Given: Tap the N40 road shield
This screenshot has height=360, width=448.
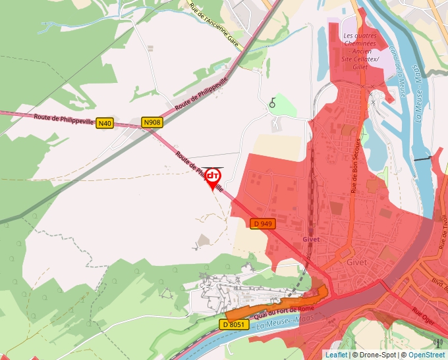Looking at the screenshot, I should (x=104, y=123).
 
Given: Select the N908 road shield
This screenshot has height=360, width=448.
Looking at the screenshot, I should (x=152, y=122).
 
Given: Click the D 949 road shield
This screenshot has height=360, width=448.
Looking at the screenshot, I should (x=263, y=224).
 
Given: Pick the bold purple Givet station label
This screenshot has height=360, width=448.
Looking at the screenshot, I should (x=310, y=240).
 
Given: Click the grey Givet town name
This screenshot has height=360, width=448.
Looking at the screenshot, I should (x=356, y=261).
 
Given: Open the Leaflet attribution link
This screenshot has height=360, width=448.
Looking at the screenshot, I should (x=336, y=355).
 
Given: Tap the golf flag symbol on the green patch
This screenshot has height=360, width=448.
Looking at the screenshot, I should (x=272, y=103).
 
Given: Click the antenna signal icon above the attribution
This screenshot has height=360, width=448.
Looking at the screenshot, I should (x=438, y=342).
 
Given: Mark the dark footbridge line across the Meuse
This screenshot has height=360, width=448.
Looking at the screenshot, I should (x=422, y=159).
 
